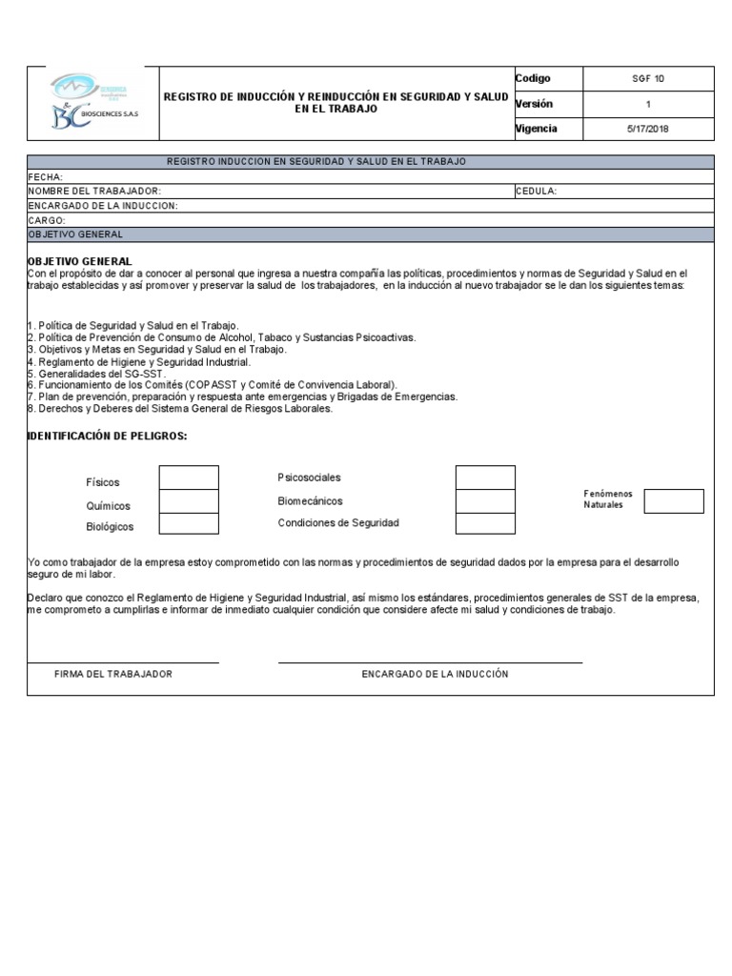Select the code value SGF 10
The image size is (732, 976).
coord(648,79)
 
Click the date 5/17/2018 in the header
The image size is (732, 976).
coord(648,130)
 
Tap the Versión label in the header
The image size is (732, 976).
coord(534,104)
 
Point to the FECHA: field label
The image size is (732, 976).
coord(46,177)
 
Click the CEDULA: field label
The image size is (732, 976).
coord(537,192)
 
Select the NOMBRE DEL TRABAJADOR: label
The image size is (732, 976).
coord(101,192)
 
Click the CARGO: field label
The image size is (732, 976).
coord(47,220)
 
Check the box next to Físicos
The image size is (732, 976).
coord(189,478)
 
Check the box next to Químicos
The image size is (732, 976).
coord(189,501)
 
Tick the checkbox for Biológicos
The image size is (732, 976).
coord(189,523)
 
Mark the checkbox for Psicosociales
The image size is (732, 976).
coord(485,478)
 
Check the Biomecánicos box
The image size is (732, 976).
coord(485,501)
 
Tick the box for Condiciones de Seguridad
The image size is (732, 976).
coord(485,523)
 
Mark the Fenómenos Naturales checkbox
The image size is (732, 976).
coord(674,501)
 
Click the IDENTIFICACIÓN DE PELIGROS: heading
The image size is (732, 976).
coord(108,436)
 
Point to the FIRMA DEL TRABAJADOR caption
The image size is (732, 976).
coord(113,674)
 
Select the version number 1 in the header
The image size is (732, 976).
coord(648,105)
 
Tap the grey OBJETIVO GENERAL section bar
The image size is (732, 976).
coord(370,234)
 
